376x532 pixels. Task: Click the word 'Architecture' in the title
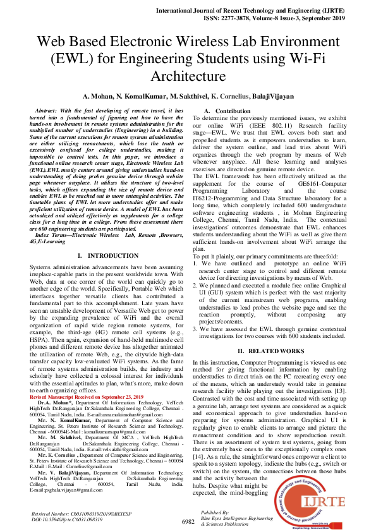point(187,76)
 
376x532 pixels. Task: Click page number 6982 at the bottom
point(188,521)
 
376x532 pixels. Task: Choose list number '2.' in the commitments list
point(195,286)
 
